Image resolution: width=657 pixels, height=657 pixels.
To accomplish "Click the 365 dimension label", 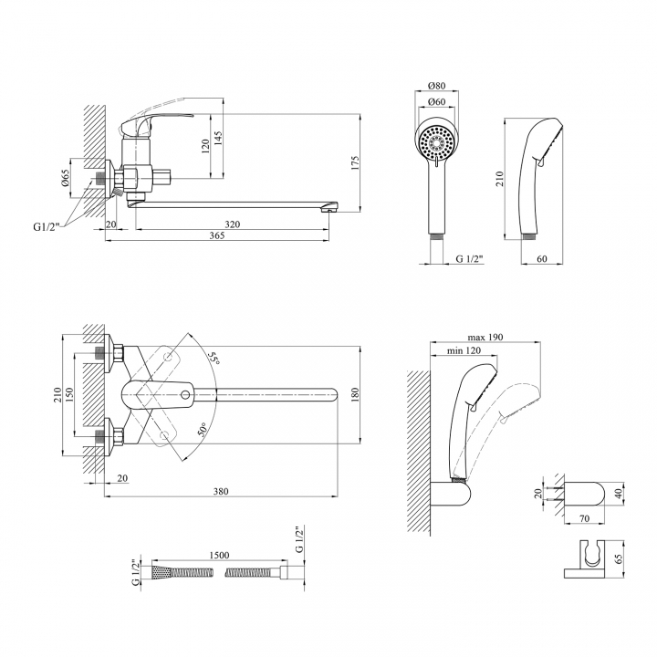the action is tap(216, 235).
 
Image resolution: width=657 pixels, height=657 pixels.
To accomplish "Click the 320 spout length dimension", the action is tap(233, 224).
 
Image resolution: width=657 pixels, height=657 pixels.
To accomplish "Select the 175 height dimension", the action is tap(355, 163).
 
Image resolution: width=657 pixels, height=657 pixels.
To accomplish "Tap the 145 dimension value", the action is tap(218, 139).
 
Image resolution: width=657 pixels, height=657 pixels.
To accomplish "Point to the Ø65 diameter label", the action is tap(65, 178).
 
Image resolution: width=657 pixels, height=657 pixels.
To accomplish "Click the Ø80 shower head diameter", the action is tap(436, 86).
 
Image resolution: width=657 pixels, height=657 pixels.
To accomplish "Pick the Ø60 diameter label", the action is tap(436, 102).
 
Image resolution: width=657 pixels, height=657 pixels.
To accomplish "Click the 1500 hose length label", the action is tap(219, 555).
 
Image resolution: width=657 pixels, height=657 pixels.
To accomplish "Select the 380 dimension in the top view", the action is tap(221, 491).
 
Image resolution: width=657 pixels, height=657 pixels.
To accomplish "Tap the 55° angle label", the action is tap(214, 359).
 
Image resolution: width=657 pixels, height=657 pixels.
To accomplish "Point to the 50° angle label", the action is tap(203, 430).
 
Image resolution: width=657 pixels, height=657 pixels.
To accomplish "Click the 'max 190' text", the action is tap(485, 338).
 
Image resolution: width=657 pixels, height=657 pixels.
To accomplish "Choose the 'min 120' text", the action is tap(464, 350).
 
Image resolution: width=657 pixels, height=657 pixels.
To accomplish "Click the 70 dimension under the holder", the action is tap(584, 518).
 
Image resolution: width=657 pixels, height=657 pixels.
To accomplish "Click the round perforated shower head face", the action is tap(436, 142).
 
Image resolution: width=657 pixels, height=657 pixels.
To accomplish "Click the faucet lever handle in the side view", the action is tap(155, 121).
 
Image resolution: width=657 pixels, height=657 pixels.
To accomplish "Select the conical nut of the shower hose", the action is tap(162, 572).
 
